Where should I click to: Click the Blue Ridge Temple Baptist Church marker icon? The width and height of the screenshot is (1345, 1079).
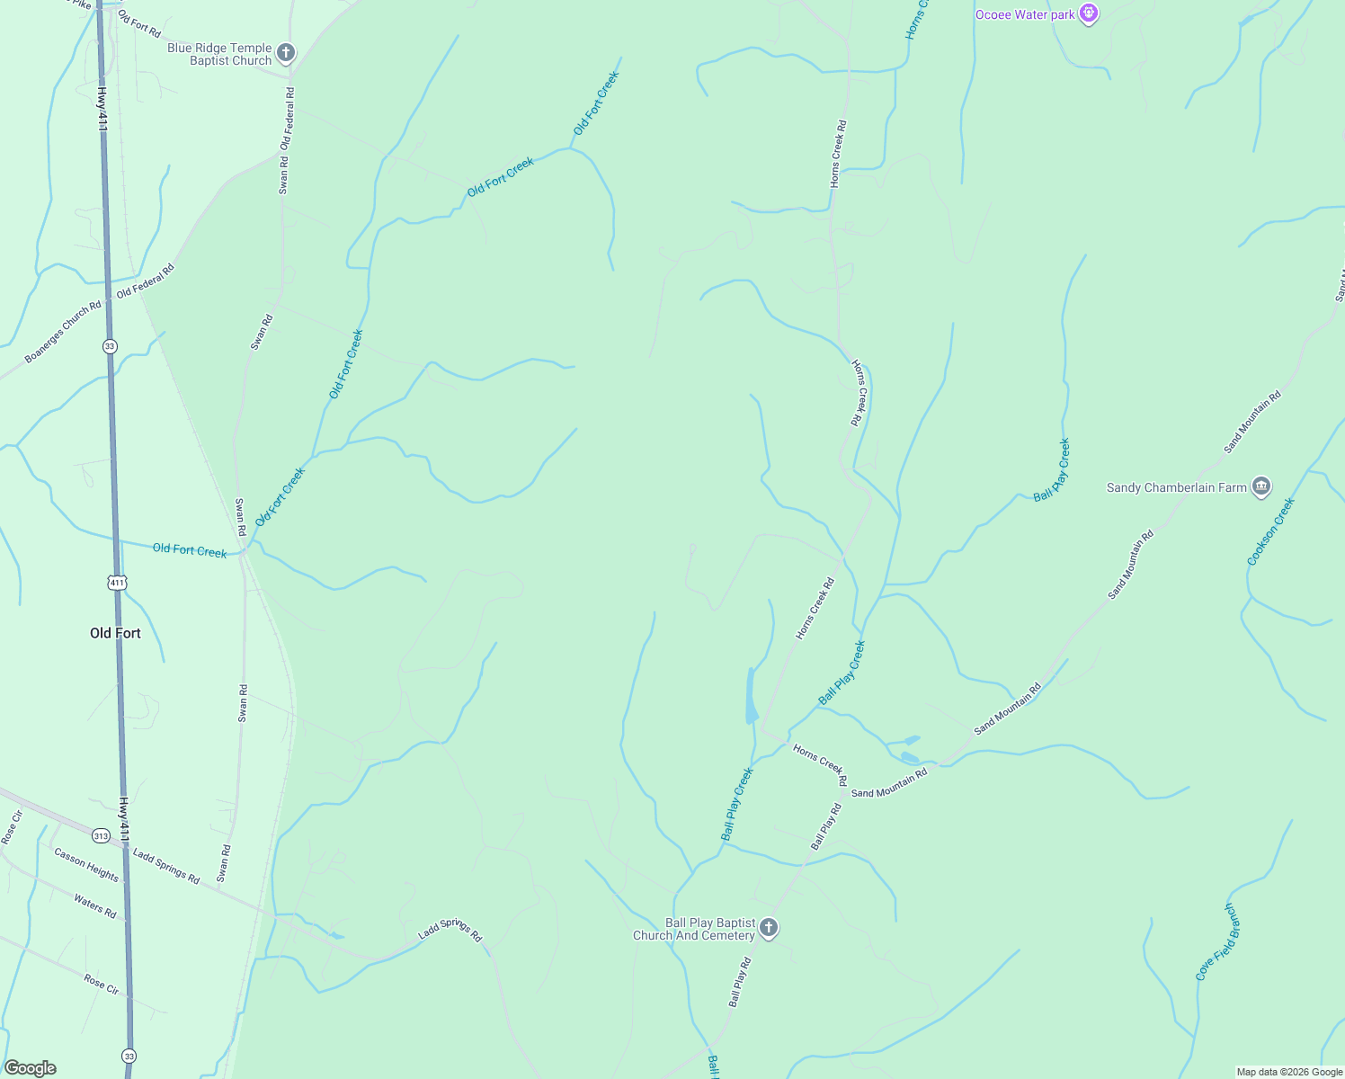point(286,54)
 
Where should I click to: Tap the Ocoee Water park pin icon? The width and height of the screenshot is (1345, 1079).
point(1089,14)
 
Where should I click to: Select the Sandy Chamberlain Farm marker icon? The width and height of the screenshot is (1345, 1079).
point(1260,487)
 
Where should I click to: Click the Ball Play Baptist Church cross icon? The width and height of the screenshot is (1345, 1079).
point(768,928)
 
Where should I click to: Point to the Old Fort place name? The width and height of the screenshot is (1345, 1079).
point(115,633)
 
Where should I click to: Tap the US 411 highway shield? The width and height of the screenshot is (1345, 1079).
point(117,583)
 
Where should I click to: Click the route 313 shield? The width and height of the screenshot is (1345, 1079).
point(101,836)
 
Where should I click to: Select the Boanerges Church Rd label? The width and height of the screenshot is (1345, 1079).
point(63,333)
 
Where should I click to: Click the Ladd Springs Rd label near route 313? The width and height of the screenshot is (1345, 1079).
point(166,866)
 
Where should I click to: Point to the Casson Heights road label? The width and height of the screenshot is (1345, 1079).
point(86,864)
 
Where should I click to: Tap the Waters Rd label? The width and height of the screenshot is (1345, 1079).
point(95,906)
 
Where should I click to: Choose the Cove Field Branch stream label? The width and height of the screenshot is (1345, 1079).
point(1217,942)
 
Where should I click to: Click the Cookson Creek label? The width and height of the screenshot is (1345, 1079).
point(1270,531)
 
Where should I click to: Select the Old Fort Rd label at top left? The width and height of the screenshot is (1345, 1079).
point(139,25)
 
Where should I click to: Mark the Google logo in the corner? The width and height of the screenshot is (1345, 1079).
point(31,1068)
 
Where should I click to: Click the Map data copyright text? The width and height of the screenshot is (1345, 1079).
point(1289,1072)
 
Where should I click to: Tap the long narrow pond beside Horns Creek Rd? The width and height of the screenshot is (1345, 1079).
point(752,696)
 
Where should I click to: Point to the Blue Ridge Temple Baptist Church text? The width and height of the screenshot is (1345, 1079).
point(219,54)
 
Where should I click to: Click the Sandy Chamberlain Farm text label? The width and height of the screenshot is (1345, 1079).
point(1176,487)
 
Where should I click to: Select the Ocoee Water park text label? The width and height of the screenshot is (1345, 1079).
point(1025,14)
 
